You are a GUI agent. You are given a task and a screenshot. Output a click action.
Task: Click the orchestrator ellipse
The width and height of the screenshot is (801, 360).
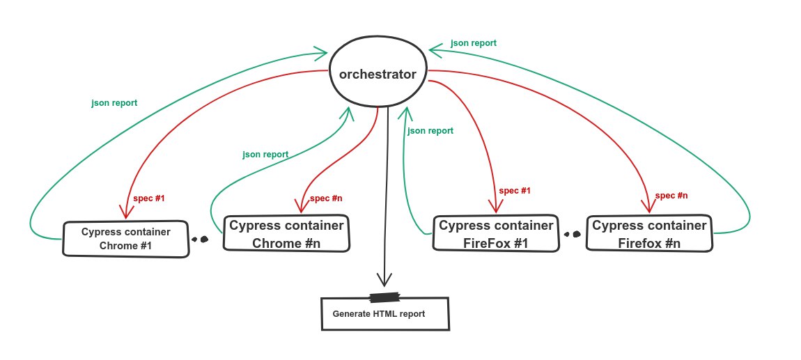pyautogui.click(x=378, y=74)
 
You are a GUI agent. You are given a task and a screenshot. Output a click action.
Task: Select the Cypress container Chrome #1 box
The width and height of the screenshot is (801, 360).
pyautogui.click(x=125, y=239)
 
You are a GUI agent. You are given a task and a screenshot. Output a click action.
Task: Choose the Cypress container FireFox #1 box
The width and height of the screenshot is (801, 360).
pyautogui.click(x=494, y=233)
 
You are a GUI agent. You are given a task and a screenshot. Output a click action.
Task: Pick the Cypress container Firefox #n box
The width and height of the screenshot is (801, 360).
pyautogui.click(x=648, y=233)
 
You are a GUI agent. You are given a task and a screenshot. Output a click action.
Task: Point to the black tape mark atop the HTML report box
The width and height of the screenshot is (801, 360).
pyautogui.click(x=384, y=298)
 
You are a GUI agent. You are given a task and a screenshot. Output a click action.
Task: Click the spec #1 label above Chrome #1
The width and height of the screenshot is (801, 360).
pyautogui.click(x=148, y=198)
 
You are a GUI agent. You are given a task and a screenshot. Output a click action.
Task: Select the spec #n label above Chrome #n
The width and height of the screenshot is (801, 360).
pyautogui.click(x=326, y=198)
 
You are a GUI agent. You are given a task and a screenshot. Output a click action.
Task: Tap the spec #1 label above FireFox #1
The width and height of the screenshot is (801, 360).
pyautogui.click(x=515, y=191)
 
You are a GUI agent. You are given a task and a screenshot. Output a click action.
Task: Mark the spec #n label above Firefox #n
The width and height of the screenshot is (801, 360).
pyautogui.click(x=671, y=196)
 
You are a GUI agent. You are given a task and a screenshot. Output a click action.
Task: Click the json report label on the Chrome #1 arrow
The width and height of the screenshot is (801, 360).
pyautogui.click(x=114, y=103)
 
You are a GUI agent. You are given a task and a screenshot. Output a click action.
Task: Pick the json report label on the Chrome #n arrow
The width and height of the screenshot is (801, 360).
pyautogui.click(x=265, y=154)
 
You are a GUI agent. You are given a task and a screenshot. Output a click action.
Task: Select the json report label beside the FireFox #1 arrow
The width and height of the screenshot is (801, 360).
pyautogui.click(x=430, y=131)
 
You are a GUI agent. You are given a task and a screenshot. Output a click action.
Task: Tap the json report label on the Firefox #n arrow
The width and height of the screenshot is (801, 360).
pyautogui.click(x=474, y=43)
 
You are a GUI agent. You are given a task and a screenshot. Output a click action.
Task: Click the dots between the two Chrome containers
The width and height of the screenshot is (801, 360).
pyautogui.click(x=200, y=239)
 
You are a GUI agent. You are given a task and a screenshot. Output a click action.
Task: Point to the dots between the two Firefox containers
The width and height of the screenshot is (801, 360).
pyautogui.click(x=572, y=235)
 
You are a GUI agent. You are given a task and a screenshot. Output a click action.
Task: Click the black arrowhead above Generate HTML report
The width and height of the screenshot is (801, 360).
pyautogui.click(x=382, y=279)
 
